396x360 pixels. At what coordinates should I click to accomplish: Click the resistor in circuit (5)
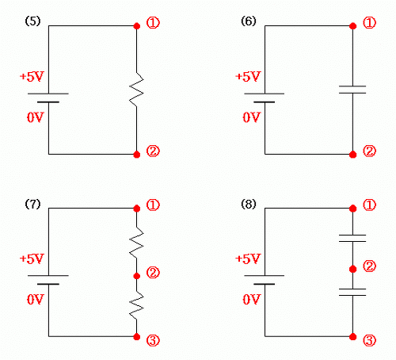(x=136, y=90)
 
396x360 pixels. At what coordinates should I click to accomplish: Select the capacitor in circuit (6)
(x=352, y=90)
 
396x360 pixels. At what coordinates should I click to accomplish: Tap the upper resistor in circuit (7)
(x=136, y=243)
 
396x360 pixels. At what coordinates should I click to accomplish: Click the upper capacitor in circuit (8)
(x=352, y=238)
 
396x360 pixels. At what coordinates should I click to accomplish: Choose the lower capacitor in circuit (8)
(x=352, y=292)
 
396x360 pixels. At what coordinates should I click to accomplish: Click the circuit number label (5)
(x=32, y=21)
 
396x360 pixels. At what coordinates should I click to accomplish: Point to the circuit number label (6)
(x=249, y=21)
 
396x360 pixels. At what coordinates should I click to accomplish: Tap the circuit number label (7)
(x=32, y=204)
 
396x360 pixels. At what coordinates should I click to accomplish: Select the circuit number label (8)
(x=249, y=204)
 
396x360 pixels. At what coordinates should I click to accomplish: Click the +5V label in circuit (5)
(x=32, y=77)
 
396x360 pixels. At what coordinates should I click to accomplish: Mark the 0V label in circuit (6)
(x=251, y=117)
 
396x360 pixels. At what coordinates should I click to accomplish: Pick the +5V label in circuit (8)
(x=248, y=259)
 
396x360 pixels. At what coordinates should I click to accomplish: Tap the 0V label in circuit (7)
(x=36, y=300)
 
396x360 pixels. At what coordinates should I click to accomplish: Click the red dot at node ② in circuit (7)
(x=137, y=276)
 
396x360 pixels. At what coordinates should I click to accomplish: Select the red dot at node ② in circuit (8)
(x=352, y=270)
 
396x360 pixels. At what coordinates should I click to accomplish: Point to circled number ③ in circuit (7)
(x=153, y=340)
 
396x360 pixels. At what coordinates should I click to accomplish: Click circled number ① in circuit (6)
(x=369, y=23)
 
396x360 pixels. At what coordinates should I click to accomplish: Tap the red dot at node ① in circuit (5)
(x=137, y=26)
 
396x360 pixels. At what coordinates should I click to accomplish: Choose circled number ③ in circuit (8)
(x=369, y=340)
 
